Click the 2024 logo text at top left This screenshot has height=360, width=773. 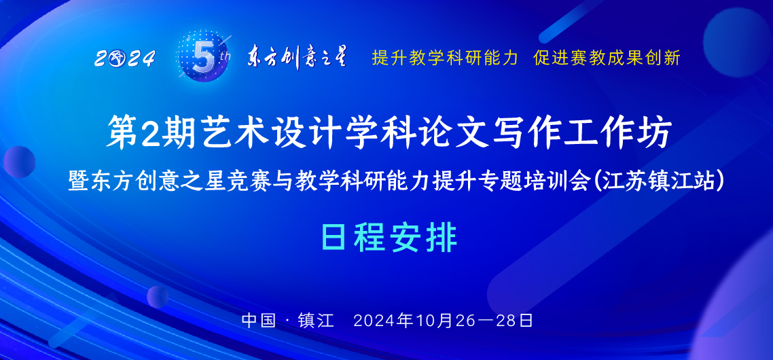point(125,59)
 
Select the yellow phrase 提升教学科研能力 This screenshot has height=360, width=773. point(445,58)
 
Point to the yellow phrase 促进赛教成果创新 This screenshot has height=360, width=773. point(607,58)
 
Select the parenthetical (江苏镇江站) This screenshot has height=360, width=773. point(660,182)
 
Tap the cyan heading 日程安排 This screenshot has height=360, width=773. point(389,238)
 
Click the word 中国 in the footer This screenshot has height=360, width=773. point(259,321)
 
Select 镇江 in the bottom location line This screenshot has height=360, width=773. point(316,321)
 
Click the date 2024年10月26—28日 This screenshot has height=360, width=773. point(443,321)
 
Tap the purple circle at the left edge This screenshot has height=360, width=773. point(19,162)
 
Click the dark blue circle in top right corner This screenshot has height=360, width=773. point(736,42)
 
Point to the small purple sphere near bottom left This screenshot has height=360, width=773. point(158,297)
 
